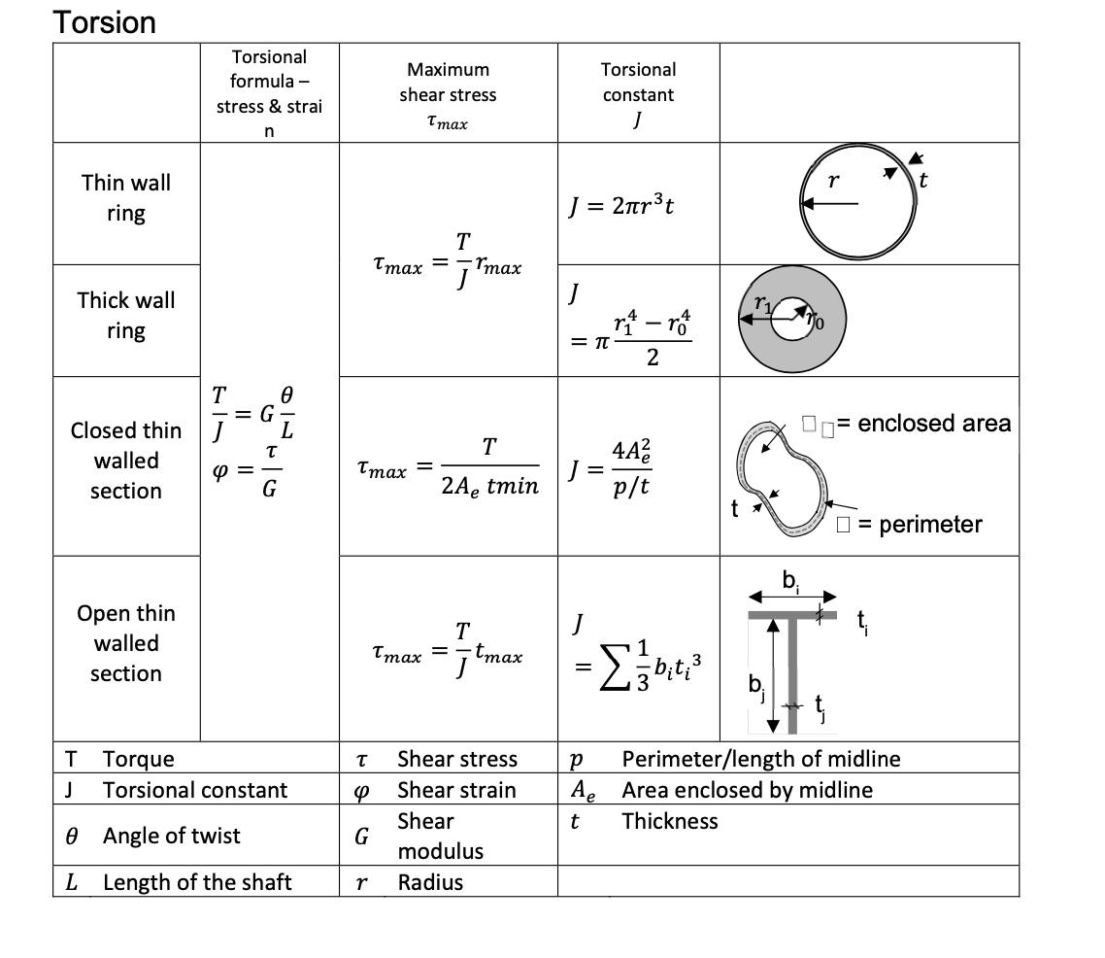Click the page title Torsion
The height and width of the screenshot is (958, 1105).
[104, 21]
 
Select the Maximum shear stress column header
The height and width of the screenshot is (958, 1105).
[448, 95]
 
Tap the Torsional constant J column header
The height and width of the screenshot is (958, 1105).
[638, 94]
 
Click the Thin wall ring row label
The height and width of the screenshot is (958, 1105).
[126, 197]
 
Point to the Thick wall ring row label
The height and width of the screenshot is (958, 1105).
[126, 315]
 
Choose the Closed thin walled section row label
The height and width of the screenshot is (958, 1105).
[126, 461]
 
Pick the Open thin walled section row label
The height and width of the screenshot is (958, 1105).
[126, 643]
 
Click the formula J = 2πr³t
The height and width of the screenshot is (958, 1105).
[620, 206]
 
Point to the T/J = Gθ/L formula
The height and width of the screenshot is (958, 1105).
[252, 412]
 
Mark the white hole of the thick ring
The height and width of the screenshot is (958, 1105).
[792, 319]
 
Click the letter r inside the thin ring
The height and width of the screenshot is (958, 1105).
[832, 182]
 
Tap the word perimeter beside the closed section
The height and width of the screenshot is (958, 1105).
[930, 525]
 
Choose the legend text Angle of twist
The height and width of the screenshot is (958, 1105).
[171, 836]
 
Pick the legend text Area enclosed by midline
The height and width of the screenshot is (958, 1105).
[747, 790]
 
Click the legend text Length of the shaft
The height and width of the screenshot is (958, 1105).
[197, 882]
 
